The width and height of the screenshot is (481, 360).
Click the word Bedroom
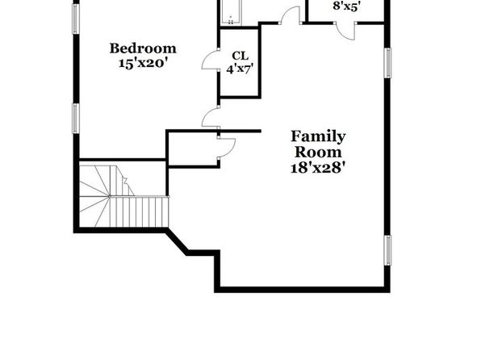143,48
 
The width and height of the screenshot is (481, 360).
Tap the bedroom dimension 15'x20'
143,63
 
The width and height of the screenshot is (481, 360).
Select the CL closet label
240,56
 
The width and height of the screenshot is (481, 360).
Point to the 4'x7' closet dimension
240,69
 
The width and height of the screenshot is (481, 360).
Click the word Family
318,137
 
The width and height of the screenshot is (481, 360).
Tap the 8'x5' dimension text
347,6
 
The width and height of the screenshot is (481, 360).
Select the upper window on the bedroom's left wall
76,19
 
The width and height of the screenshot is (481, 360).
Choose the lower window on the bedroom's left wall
76,119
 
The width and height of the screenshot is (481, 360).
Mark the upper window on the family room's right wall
387,63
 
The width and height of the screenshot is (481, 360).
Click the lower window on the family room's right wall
387,250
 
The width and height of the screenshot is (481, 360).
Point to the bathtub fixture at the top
230,12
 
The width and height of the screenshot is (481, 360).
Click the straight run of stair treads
139,211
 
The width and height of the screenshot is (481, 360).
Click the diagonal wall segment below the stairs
177,243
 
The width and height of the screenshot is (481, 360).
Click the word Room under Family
318,153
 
